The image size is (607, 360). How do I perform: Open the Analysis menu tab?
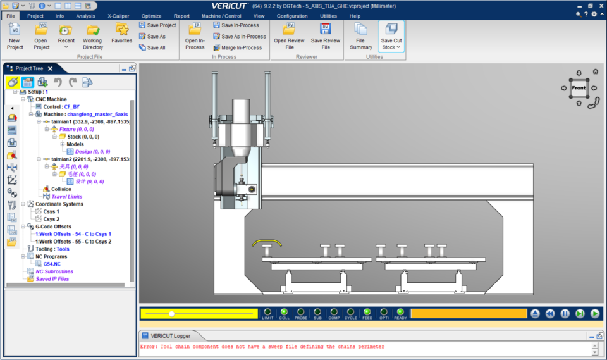coord(85,16)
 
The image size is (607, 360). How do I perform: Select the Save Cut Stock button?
coord(391,36)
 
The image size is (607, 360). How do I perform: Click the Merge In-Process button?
coord(237,47)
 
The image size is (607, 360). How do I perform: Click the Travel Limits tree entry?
coord(66,197)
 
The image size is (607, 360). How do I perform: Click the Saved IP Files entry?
coord(52,279)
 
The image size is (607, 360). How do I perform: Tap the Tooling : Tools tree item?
coord(52,249)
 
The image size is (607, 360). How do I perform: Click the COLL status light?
coord(285,312)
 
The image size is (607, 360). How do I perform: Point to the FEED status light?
coord(367,312)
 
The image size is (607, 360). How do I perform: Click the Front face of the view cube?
coord(579,88)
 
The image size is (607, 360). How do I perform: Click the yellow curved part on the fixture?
coord(266,242)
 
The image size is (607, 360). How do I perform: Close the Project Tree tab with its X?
coord(50,68)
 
